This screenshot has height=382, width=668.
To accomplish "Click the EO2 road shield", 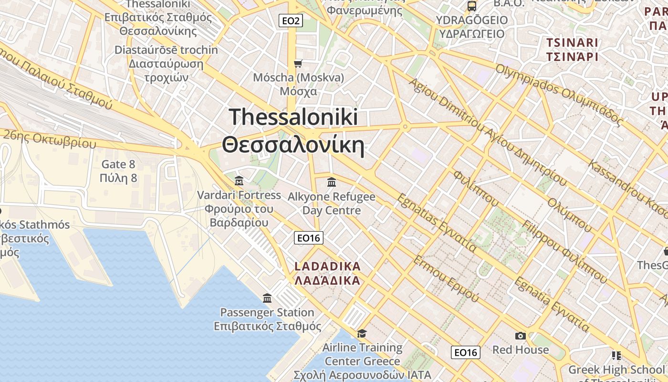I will pos(291,21).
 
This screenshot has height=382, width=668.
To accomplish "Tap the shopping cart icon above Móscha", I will pos(298,64).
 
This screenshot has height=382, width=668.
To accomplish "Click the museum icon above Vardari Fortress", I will pos(239,181).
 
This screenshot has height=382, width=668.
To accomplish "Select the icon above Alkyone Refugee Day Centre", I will pos(332,182).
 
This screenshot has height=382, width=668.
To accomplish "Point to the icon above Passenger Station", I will pos(267,298).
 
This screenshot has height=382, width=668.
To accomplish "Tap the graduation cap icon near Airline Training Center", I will pos(362,333).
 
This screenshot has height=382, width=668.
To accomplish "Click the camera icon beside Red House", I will pos(521,336).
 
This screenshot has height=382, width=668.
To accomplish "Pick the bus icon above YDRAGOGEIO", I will pos(472,6).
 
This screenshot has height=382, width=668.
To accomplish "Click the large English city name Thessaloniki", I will pos(293,117).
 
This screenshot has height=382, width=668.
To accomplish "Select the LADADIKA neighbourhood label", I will pos(327,266).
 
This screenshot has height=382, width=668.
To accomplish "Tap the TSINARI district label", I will pos(572,42).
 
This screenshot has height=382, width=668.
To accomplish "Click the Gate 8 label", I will pos(119,165).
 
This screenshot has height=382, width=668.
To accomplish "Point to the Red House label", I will pos(521,350).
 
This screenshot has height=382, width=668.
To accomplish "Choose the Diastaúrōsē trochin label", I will pos(166,50).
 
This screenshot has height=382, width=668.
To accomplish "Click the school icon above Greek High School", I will pos(616,356).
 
